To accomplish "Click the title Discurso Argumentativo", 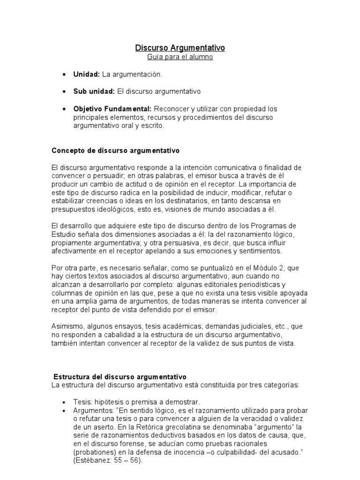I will click(180, 48).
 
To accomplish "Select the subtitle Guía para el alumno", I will click(180, 57).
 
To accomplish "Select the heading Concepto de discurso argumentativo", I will click(115, 151).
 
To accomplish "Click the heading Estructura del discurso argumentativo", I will click(120, 377).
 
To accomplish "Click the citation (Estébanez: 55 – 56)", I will click(107, 461).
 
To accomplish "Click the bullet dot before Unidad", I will click(64, 75).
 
